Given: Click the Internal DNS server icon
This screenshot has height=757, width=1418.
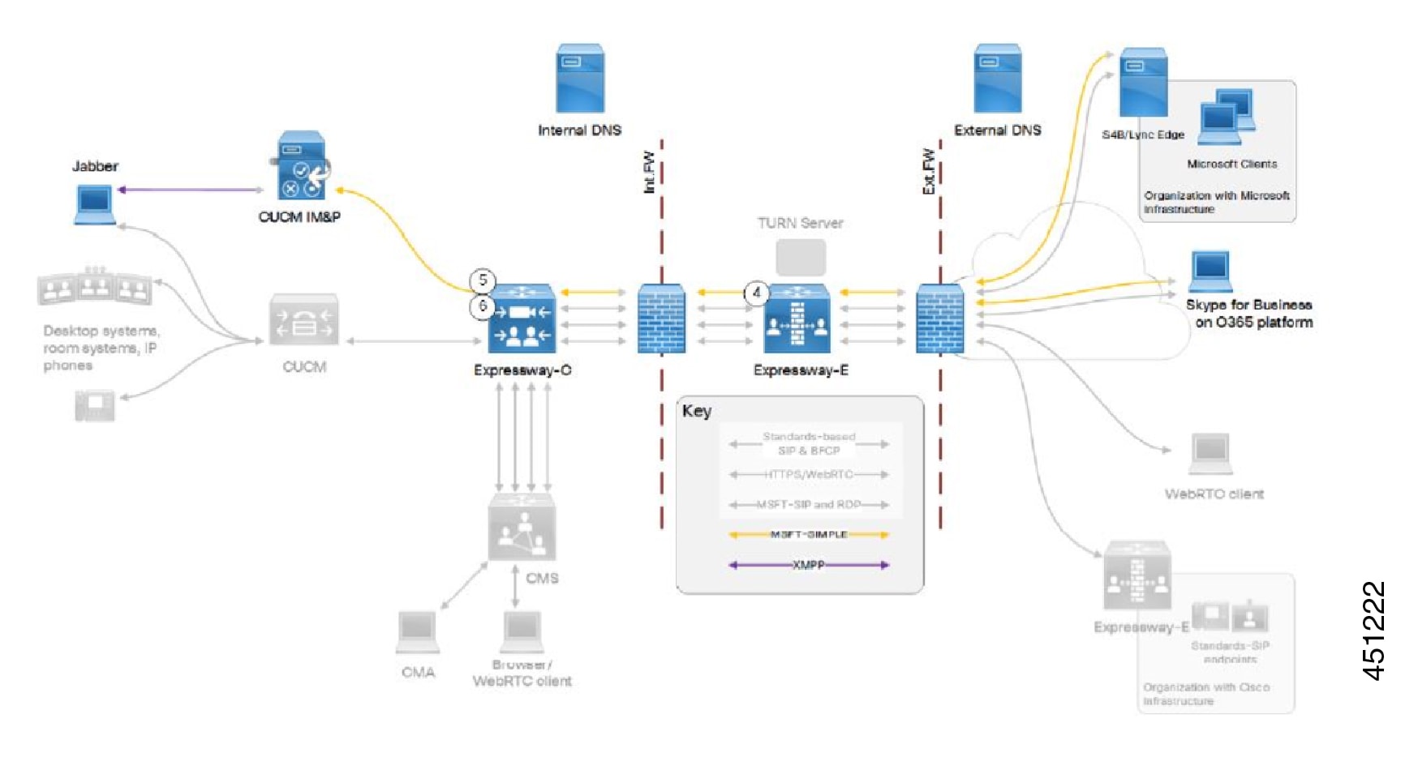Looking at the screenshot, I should tap(580, 78).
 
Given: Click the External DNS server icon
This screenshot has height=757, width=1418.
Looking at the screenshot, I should tap(997, 78).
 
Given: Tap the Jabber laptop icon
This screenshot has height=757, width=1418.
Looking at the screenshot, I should tap(94, 204).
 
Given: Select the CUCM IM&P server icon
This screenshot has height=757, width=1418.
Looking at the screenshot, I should tap(302, 166).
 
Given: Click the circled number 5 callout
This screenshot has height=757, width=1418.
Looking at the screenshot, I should tap(483, 280).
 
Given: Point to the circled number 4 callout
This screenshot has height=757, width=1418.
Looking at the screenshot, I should tap(757, 293).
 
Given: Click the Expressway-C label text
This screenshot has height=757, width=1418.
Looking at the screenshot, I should tap(522, 370).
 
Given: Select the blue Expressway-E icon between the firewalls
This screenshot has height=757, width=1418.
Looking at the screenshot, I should tap(797, 319).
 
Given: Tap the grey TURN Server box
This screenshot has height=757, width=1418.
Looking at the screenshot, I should tap(801, 257).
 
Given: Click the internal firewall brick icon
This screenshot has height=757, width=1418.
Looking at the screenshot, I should tap(661, 319).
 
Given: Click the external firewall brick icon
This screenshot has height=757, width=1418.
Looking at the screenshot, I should tap(940, 319).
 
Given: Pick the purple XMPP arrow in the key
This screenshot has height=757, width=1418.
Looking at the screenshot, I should tap(809, 565).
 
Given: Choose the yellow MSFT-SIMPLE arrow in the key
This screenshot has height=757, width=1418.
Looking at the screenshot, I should tap(809, 535).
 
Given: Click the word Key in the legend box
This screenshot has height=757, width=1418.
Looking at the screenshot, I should tap(696, 411).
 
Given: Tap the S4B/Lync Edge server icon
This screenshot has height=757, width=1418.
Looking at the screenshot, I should tap(1143, 83).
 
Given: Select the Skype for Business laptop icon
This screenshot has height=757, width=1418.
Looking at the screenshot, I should tap(1210, 272).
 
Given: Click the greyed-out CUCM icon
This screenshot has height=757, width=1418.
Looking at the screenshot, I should tap(304, 320).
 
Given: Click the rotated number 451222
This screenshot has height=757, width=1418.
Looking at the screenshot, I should tap(1373, 631).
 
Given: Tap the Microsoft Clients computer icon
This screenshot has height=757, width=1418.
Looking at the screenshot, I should tap(1226, 113).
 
